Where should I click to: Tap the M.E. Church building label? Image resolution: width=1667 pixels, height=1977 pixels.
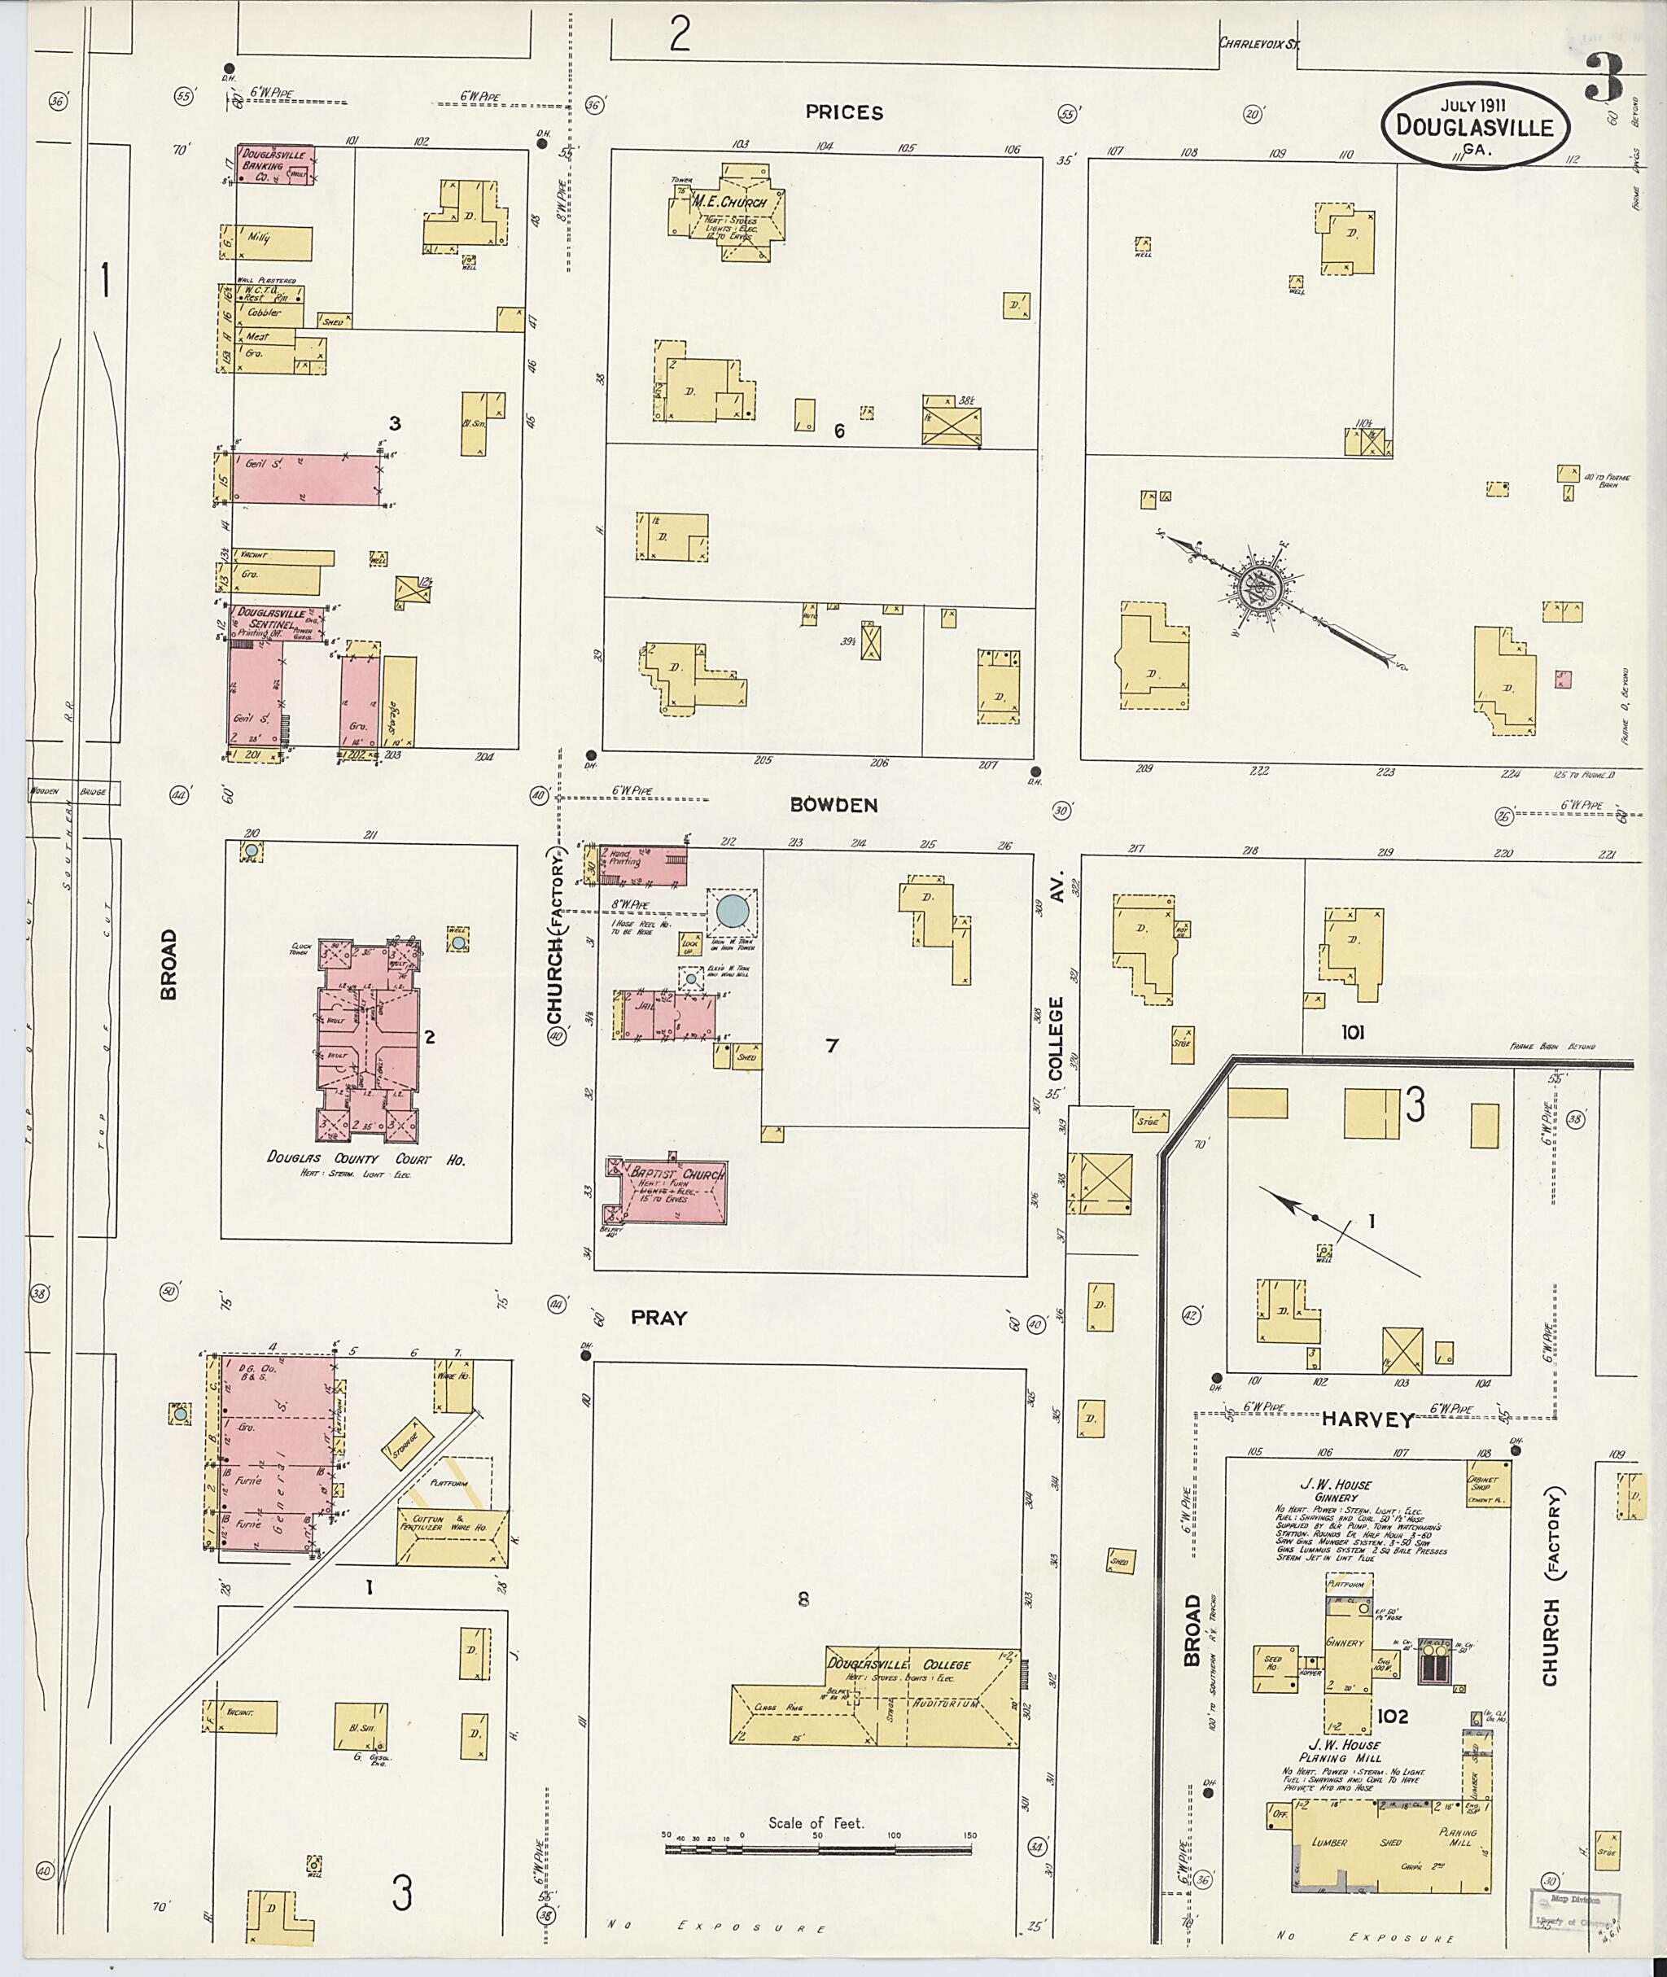[x=729, y=201]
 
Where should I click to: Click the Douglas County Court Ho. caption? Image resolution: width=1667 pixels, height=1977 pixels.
[x=365, y=1158]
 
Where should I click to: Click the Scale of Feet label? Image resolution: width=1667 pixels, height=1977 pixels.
[x=816, y=1823]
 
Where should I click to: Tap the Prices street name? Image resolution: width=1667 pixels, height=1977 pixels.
[x=844, y=112]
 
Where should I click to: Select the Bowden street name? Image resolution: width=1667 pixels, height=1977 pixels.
[x=833, y=805]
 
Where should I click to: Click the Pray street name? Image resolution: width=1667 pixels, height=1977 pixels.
[x=658, y=1318]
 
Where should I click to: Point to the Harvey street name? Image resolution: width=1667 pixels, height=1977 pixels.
[x=1367, y=1419]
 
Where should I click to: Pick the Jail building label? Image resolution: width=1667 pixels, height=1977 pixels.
[x=646, y=1008]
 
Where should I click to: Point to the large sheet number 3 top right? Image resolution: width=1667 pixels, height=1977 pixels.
[x=1604, y=77]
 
